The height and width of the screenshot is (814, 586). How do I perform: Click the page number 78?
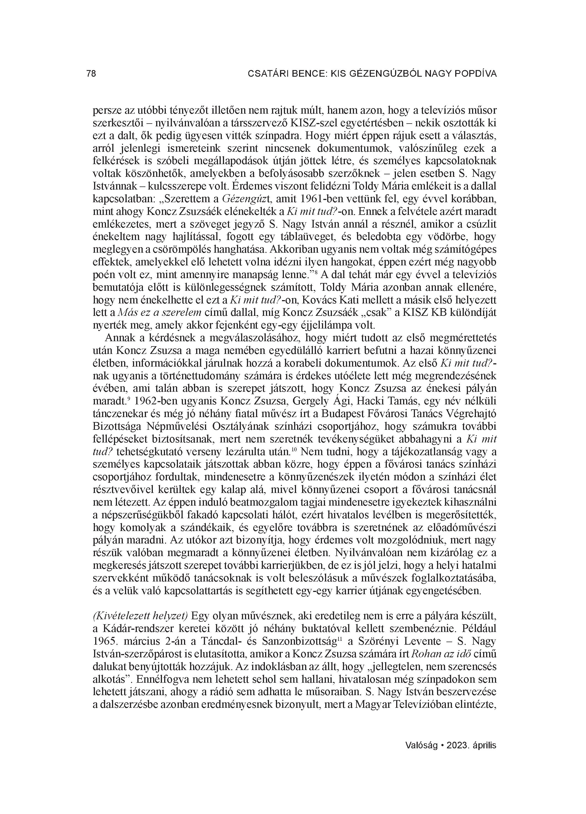pos(91,74)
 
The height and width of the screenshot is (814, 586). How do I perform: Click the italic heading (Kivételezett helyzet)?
pos(140,616)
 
